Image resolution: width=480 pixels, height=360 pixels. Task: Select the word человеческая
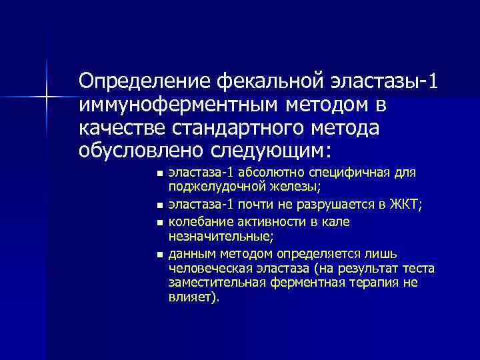point(210,269)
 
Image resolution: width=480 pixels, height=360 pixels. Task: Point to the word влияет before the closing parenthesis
point(189,297)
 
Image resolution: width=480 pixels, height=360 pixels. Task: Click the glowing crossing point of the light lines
point(47,97)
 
